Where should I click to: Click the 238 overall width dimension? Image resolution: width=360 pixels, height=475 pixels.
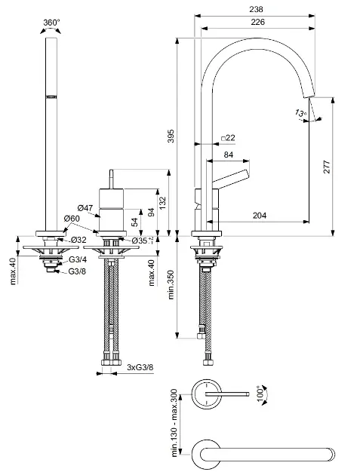coord(256,9)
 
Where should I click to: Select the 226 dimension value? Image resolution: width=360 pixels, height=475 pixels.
coord(258,22)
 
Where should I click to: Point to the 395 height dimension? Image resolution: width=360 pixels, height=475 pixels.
coord(171,136)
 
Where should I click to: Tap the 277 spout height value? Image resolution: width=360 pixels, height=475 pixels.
coord(327,167)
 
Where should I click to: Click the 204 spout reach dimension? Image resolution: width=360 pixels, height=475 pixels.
coord(260,216)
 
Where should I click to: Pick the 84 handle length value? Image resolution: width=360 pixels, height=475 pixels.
coord(229,155)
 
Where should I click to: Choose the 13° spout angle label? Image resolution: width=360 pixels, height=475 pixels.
coord(300,114)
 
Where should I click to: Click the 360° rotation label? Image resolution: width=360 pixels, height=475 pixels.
coord(51,23)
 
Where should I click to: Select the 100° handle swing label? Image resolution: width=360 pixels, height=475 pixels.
coord(261,394)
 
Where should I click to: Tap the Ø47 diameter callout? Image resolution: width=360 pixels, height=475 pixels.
coord(85,208)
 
